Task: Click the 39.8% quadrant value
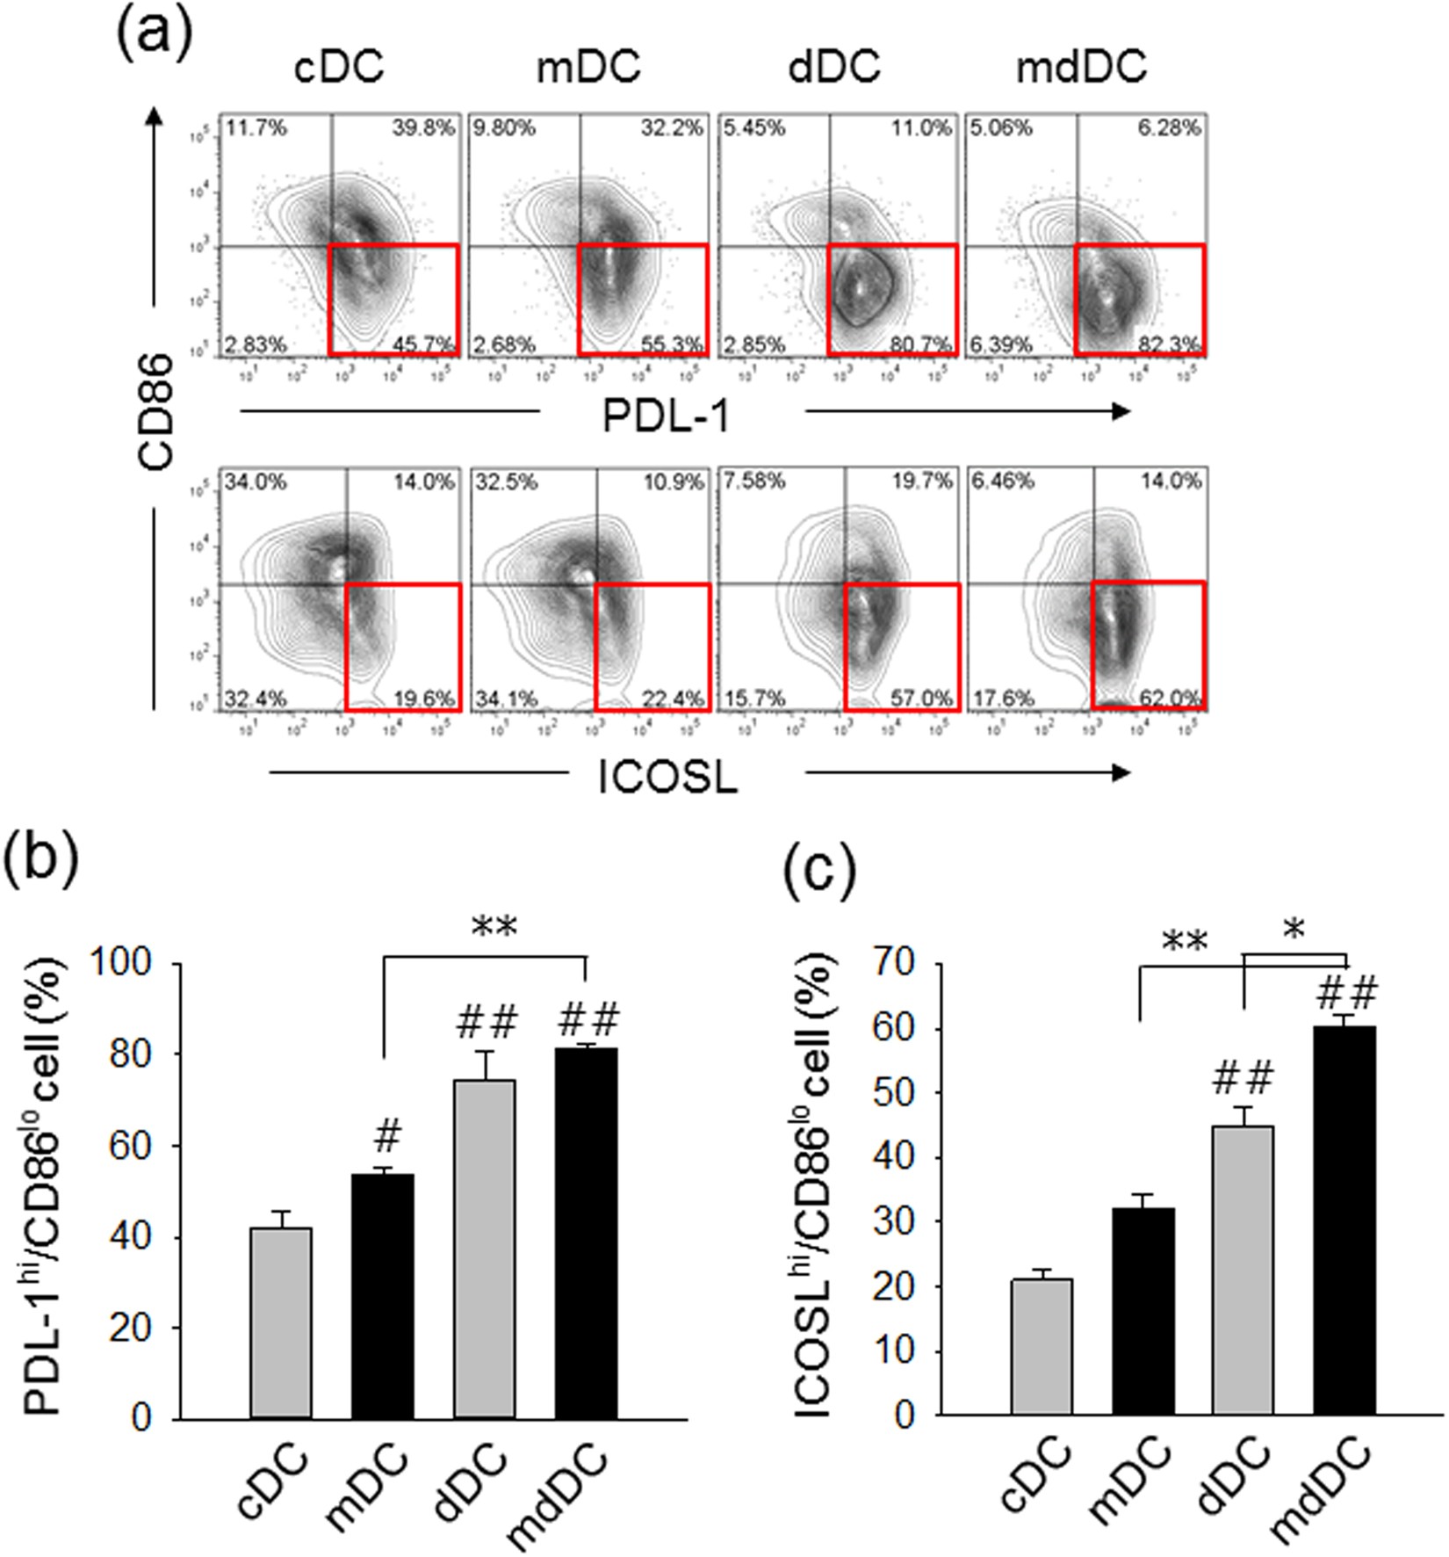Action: click(423, 129)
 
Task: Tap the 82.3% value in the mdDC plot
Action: click(1170, 345)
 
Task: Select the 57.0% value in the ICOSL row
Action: click(921, 699)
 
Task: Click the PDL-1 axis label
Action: click(667, 416)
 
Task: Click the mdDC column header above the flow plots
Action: click(1081, 68)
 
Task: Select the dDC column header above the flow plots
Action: click(834, 68)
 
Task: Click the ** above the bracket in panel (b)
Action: click(494, 927)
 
